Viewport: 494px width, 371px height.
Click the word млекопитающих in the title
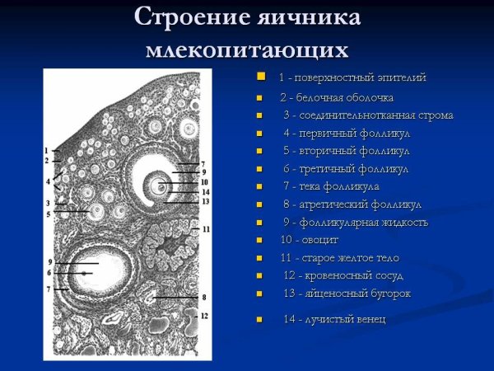[246, 49]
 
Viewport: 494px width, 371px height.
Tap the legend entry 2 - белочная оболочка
[330, 97]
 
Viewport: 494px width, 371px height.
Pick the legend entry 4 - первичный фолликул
[346, 133]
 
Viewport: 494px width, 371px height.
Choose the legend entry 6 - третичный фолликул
[345, 168]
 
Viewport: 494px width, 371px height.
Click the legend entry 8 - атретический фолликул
[352, 204]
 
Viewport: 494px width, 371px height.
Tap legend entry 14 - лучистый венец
[334, 319]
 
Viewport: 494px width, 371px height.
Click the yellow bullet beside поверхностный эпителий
[261, 77]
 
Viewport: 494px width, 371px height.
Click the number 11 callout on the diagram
[206, 228]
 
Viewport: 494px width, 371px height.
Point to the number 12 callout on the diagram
[204, 316]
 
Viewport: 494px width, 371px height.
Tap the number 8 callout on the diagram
[204, 296]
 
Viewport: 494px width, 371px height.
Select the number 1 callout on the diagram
[47, 150]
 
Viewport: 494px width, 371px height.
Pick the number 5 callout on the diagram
[48, 214]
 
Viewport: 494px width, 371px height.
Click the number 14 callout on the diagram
[205, 191]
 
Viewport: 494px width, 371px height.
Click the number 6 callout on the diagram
[49, 273]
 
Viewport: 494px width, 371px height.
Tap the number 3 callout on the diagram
[48, 203]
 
